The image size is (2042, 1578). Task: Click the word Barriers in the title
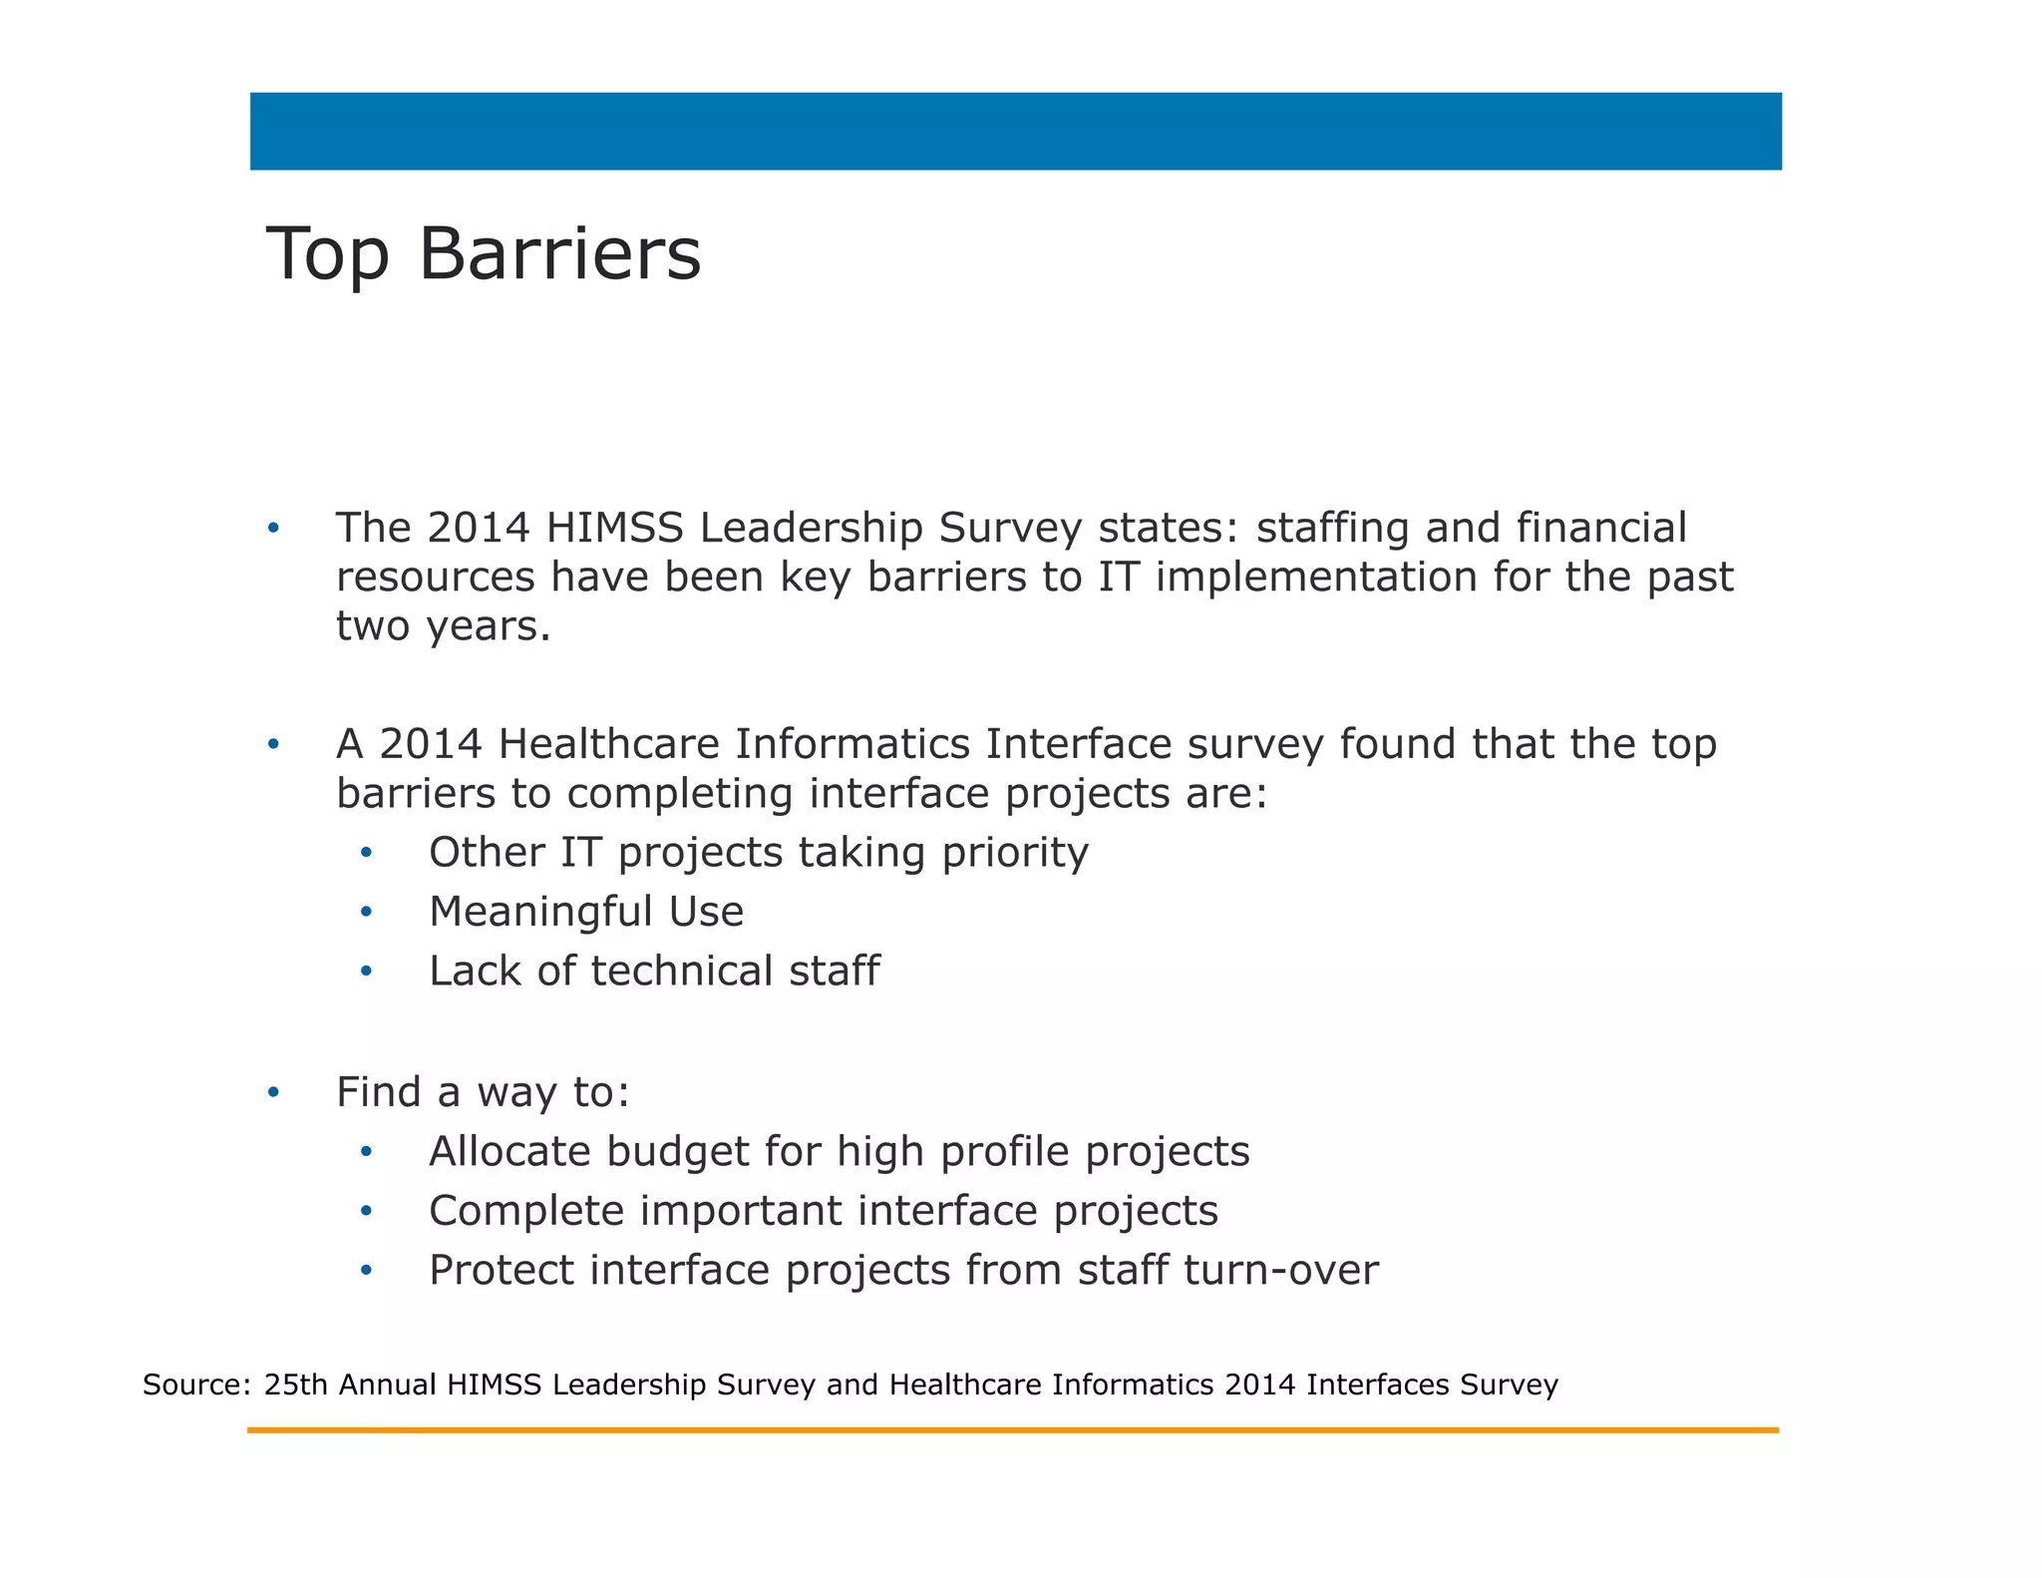pyautogui.click(x=559, y=254)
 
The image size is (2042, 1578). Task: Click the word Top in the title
pyautogui.click(x=327, y=254)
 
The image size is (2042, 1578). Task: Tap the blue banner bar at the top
pyautogui.click(x=1015, y=132)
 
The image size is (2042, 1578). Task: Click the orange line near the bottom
pyautogui.click(x=1012, y=1430)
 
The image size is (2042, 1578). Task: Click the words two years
pyautogui.click(x=443, y=626)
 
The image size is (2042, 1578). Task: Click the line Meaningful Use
pyautogui.click(x=585, y=912)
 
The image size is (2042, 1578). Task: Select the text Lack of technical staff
pyautogui.click(x=654, y=971)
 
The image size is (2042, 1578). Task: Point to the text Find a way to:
pyautogui.click(x=483, y=1092)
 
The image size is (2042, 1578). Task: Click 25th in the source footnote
pyautogui.click(x=296, y=1384)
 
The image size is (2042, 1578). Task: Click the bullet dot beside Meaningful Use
pyautogui.click(x=366, y=912)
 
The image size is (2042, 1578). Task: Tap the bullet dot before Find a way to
pyautogui.click(x=273, y=1092)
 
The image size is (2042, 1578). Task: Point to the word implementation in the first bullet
pyautogui.click(x=1315, y=578)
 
